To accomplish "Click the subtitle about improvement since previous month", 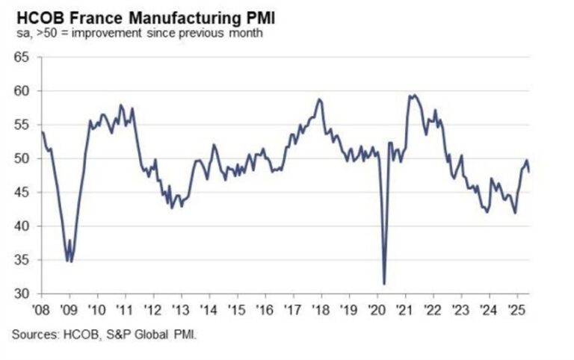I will point(134,33).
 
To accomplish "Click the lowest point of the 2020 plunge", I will point(384,284).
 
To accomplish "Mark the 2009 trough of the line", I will point(69,261).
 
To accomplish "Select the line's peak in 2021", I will point(411,95).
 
